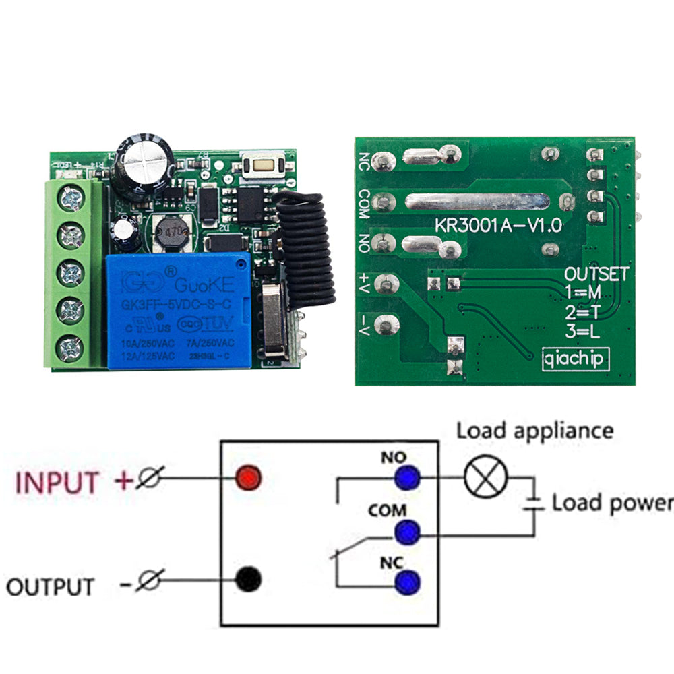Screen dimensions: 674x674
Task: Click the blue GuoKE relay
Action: pos(179,311)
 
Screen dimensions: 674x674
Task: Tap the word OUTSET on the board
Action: pos(596,274)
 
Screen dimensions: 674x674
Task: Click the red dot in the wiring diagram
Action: pos(248,479)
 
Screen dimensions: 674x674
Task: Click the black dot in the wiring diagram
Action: pos(248,579)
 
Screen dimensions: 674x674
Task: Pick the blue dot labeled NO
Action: pos(407,479)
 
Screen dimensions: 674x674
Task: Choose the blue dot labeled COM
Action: pos(407,532)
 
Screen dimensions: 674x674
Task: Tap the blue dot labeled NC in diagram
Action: pos(407,581)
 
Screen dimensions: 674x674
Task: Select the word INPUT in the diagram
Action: pos(57,483)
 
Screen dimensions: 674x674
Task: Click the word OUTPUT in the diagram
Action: pos(51,586)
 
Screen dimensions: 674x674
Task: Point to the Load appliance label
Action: pos(535,431)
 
